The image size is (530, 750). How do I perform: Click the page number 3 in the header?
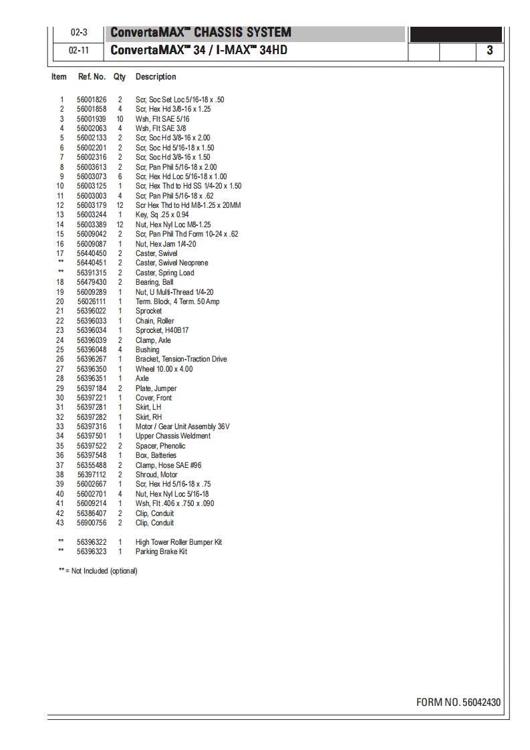tap(490, 50)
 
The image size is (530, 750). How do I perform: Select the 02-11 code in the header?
tap(79, 50)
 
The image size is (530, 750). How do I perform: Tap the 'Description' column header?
tap(156, 77)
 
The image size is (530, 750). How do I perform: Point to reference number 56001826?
tap(92, 100)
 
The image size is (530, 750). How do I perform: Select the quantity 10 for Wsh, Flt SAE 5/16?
tap(120, 119)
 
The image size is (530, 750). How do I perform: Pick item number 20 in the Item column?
tap(60, 301)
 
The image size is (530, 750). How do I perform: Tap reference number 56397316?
tap(92, 426)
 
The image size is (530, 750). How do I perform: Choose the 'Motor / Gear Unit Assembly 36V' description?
tap(182, 426)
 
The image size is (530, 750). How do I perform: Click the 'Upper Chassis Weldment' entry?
tap(172, 436)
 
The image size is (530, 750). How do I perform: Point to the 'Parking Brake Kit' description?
tap(161, 551)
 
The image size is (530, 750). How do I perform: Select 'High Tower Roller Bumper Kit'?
tap(178, 542)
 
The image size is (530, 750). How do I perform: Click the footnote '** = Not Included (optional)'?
tap(98, 571)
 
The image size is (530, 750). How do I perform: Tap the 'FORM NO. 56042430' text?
tap(458, 702)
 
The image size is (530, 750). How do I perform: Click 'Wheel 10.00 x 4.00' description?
tap(164, 369)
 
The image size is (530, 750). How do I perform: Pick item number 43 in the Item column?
tap(60, 523)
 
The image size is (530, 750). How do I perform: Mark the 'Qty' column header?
tap(120, 77)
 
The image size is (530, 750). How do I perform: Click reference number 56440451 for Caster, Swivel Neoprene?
tap(92, 263)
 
